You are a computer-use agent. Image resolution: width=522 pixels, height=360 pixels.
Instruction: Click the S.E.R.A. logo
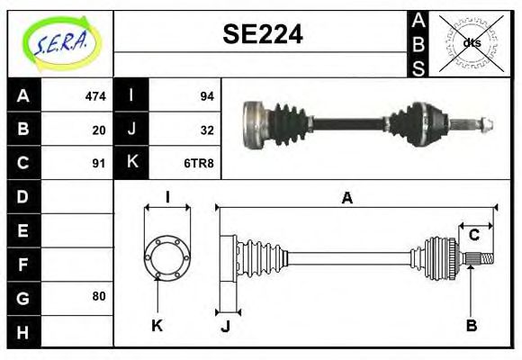pos(60,42)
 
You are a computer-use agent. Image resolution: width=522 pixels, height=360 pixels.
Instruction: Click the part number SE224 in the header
pos(262,35)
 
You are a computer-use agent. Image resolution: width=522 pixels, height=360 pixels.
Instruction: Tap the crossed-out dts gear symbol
pos(472,42)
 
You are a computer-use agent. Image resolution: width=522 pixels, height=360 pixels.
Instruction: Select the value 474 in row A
pos(95,96)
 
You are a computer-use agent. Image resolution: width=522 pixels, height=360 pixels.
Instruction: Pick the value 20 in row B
pos(99,130)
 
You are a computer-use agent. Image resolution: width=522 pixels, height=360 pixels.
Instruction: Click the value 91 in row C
pos(99,164)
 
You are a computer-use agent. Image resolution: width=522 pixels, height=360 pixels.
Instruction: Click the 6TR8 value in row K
pos(200,164)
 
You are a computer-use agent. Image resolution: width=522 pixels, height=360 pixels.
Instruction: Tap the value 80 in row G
pos(99,296)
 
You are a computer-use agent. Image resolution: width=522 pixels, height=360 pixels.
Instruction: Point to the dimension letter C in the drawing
pos(473,236)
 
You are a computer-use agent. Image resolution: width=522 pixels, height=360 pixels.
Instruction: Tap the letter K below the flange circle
pos(157,326)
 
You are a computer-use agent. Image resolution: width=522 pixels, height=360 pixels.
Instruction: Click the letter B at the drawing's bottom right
pos(471,326)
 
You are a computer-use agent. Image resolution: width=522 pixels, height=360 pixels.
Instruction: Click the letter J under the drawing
pos(225,326)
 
